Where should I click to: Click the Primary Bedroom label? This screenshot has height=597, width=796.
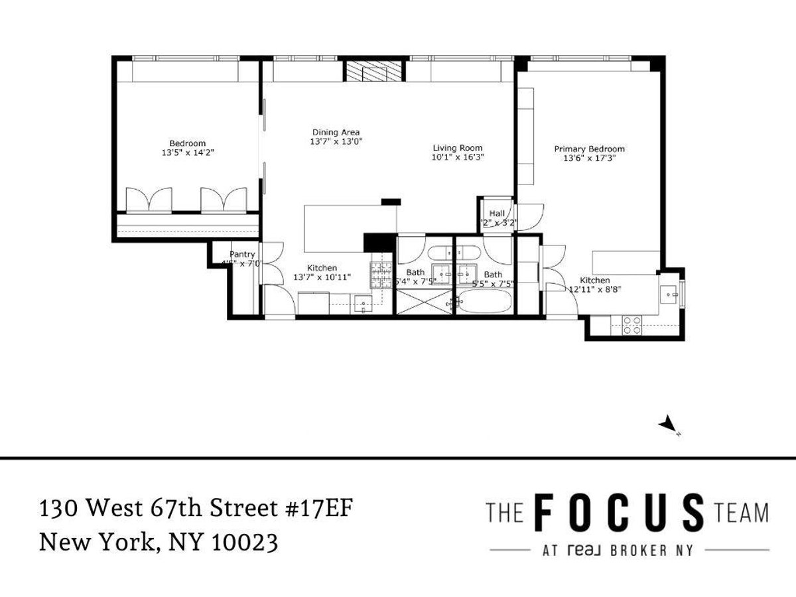[589, 149]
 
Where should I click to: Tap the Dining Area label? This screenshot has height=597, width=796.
[336, 132]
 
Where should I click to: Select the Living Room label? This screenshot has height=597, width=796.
[457, 148]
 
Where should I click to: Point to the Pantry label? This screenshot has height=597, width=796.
[242, 254]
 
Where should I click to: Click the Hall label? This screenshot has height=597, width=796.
[497, 214]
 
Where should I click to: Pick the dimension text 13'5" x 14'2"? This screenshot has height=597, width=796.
[187, 153]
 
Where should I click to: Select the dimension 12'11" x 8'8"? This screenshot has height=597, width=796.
[594, 289]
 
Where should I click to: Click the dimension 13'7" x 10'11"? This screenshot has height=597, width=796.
[322, 277]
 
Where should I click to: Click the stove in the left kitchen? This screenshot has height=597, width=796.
[381, 274]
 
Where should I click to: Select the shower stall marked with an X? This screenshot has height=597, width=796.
[424, 304]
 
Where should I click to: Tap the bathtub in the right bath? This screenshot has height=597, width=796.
[485, 304]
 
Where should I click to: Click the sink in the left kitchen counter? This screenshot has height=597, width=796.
[363, 304]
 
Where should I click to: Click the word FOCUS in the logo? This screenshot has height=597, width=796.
[620, 513]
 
